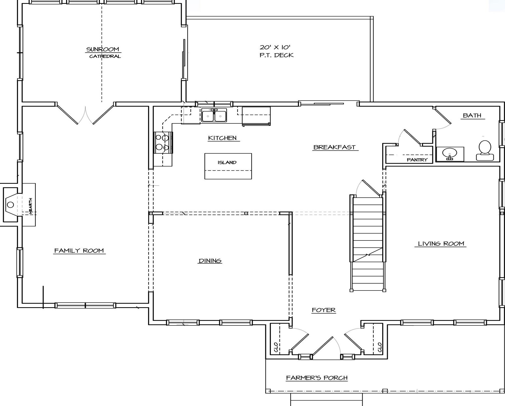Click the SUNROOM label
103,49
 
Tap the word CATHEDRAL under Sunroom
105,56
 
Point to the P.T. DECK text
277,55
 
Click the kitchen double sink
214,115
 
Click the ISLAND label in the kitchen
227,162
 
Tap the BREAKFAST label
334,147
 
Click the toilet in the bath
485,151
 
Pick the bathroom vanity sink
450,154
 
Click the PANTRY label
417,160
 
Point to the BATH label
472,115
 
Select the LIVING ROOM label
441,244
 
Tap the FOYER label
324,310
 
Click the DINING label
210,261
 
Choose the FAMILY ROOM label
79,250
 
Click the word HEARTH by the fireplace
31,206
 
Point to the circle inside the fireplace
10,205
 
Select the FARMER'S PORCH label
317,378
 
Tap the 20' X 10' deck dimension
275,47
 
